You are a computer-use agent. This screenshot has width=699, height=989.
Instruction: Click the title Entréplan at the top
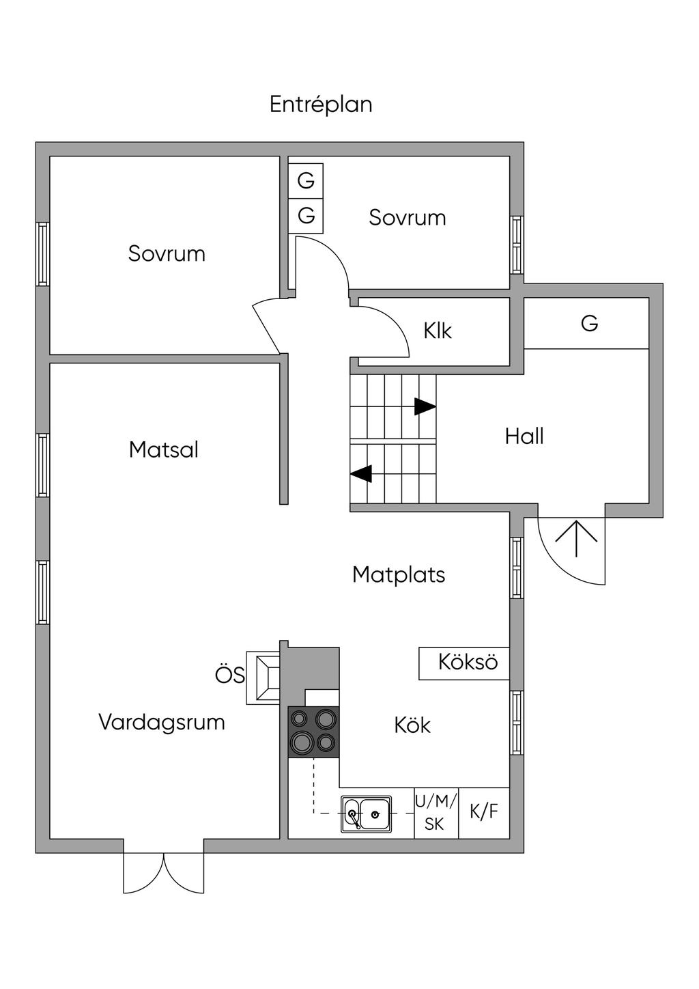click(321, 105)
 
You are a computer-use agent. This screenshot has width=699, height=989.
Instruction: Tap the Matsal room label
click(164, 449)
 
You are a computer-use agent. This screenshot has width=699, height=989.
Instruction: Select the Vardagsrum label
click(162, 722)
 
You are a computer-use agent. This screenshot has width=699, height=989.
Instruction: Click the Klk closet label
click(438, 331)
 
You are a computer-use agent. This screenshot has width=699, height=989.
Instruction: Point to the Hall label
click(524, 436)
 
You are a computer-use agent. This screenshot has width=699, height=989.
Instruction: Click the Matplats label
click(399, 574)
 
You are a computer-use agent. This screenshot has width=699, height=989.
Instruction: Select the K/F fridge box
click(484, 812)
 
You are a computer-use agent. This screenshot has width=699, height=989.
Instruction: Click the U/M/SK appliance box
click(436, 813)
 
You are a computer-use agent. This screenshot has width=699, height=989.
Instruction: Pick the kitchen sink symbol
click(367, 813)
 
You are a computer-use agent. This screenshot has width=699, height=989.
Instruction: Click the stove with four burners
click(314, 732)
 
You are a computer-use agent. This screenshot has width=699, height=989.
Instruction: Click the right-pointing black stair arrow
click(425, 406)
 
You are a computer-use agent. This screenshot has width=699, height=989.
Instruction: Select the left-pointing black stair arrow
click(361, 473)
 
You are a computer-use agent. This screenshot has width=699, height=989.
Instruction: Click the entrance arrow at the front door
click(576, 537)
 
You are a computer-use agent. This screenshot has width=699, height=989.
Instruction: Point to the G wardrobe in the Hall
click(588, 324)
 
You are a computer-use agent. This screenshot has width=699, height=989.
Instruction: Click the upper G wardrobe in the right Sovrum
click(306, 181)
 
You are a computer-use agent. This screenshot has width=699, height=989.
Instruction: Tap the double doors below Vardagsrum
click(164, 872)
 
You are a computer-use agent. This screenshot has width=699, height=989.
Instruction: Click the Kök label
click(412, 725)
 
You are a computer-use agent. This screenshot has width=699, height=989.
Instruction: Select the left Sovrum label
click(167, 253)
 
